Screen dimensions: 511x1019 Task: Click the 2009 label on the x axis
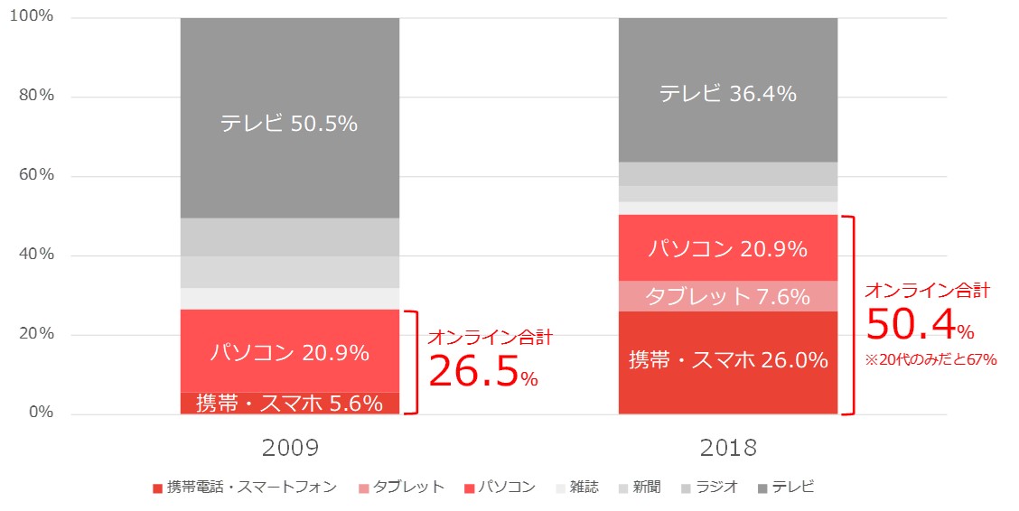click(x=290, y=448)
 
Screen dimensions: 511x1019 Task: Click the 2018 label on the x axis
click(x=727, y=448)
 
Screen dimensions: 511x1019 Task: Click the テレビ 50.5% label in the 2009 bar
click(x=289, y=124)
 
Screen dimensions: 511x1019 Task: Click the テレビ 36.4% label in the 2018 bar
click(x=727, y=93)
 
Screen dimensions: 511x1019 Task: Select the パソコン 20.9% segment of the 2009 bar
click(x=289, y=352)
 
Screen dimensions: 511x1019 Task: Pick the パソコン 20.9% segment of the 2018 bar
click(x=727, y=248)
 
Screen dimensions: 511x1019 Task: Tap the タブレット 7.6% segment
click(x=727, y=295)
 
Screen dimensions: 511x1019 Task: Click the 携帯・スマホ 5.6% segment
click(x=289, y=404)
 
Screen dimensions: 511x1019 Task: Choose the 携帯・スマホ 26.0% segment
click(x=727, y=361)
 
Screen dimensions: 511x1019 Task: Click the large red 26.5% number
click(x=473, y=371)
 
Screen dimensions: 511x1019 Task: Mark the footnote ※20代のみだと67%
click(x=930, y=360)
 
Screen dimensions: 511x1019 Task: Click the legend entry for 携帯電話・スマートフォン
click(x=245, y=488)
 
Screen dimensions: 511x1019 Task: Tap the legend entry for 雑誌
click(x=575, y=488)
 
